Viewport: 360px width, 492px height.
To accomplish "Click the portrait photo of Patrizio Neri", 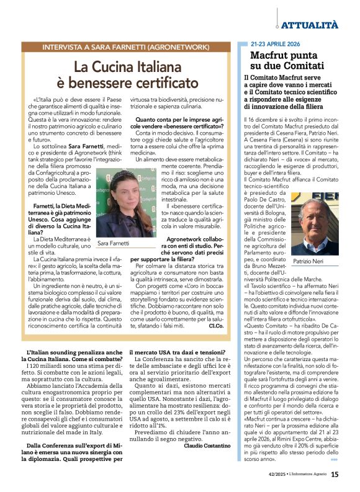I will click(320, 221).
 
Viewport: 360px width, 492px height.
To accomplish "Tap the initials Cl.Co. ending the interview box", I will click(216, 325).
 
